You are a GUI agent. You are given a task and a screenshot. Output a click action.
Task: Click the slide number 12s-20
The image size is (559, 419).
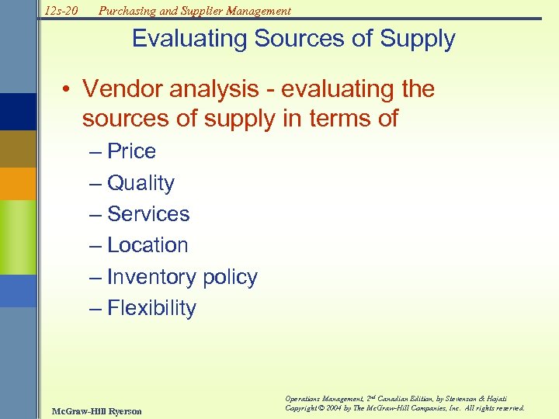pos(62,10)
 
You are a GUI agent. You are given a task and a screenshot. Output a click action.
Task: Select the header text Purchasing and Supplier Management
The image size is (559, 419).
pos(194,10)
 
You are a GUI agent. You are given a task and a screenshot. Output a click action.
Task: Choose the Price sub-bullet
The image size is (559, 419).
pos(131,151)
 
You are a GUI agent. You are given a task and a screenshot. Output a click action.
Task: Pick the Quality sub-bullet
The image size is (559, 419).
pos(141,183)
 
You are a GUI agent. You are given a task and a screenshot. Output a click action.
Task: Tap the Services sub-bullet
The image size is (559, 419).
pos(148,214)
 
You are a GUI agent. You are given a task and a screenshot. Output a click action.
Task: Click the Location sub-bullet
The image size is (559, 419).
pos(148,245)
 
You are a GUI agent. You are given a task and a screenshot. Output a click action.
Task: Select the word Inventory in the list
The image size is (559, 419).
pos(151,277)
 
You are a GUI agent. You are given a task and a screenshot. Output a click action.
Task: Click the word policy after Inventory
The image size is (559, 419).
pos(229,278)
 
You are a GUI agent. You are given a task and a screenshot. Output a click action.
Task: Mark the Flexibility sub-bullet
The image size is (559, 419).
pos(151,308)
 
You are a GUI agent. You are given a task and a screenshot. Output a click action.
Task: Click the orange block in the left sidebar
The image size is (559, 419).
pos(18,183)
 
